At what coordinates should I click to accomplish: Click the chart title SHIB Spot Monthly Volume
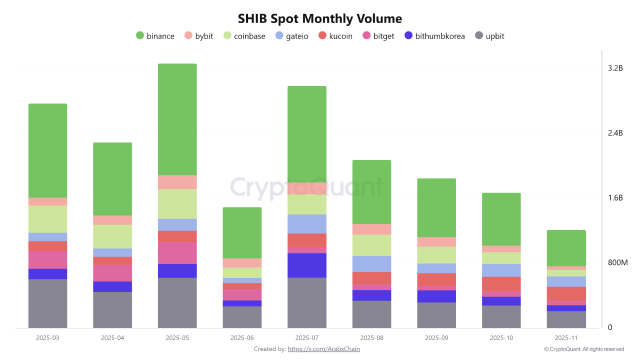pyautogui.click(x=319, y=19)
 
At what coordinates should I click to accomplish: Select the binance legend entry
pyautogui.click(x=155, y=36)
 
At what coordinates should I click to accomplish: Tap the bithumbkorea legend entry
pyautogui.click(x=434, y=36)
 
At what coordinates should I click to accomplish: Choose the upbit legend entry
pyautogui.click(x=489, y=36)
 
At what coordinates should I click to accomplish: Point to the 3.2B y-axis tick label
pyautogui.click(x=615, y=68)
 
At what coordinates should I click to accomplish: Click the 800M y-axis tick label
pyautogui.click(x=617, y=263)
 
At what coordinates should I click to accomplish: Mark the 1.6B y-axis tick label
pyautogui.click(x=615, y=198)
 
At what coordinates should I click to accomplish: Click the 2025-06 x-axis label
pyautogui.click(x=242, y=338)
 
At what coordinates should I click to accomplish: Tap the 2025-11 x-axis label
pyautogui.click(x=566, y=338)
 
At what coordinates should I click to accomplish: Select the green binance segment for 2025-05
pyautogui.click(x=177, y=119)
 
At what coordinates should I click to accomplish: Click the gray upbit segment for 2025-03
pyautogui.click(x=47, y=303)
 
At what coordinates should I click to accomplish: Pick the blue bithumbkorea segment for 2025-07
pyautogui.click(x=307, y=265)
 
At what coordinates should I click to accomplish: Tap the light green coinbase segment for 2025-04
pyautogui.click(x=112, y=236)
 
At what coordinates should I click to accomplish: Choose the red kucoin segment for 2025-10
pyautogui.click(x=501, y=284)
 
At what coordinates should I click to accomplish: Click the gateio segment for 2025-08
pyautogui.click(x=372, y=263)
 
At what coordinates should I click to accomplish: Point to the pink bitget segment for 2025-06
pyautogui.click(x=242, y=294)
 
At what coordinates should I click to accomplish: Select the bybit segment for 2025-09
pyautogui.click(x=436, y=241)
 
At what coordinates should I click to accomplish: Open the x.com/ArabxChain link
pyautogui.click(x=323, y=349)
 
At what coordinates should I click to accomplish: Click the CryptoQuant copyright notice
pyautogui.click(x=583, y=349)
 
